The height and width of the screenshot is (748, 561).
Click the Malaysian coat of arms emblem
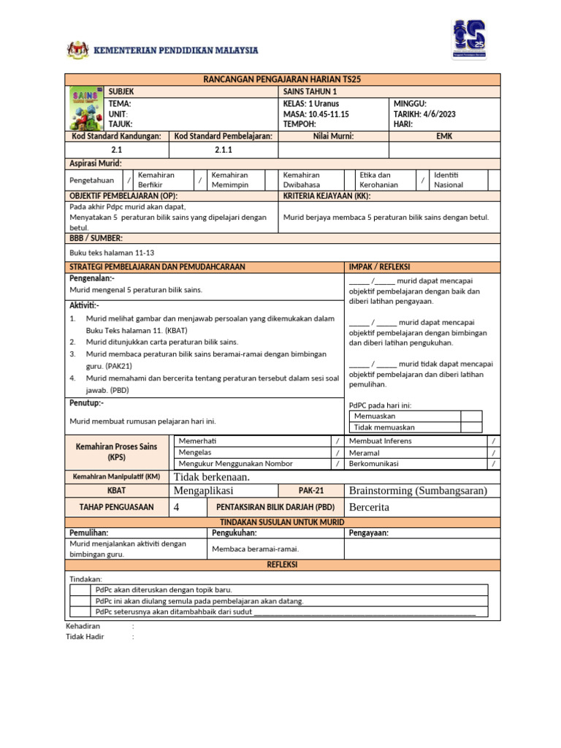click(x=77, y=50)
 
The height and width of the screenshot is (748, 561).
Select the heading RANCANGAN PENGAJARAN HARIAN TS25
click(x=283, y=79)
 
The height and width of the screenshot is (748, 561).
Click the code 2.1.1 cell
click(x=223, y=150)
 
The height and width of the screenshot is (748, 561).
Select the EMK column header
click(x=444, y=136)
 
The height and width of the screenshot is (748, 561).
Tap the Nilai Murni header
click(x=333, y=136)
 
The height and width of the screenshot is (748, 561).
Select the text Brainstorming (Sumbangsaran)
click(x=418, y=491)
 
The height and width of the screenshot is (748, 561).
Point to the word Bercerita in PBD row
click(x=370, y=507)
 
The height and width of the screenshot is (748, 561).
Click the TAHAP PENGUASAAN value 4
click(x=177, y=507)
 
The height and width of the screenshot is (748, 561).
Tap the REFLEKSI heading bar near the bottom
click(x=283, y=565)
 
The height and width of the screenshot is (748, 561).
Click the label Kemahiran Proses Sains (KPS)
click(x=117, y=451)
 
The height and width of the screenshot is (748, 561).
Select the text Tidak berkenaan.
click(x=212, y=477)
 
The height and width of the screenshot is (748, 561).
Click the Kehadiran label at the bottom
click(x=83, y=626)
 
